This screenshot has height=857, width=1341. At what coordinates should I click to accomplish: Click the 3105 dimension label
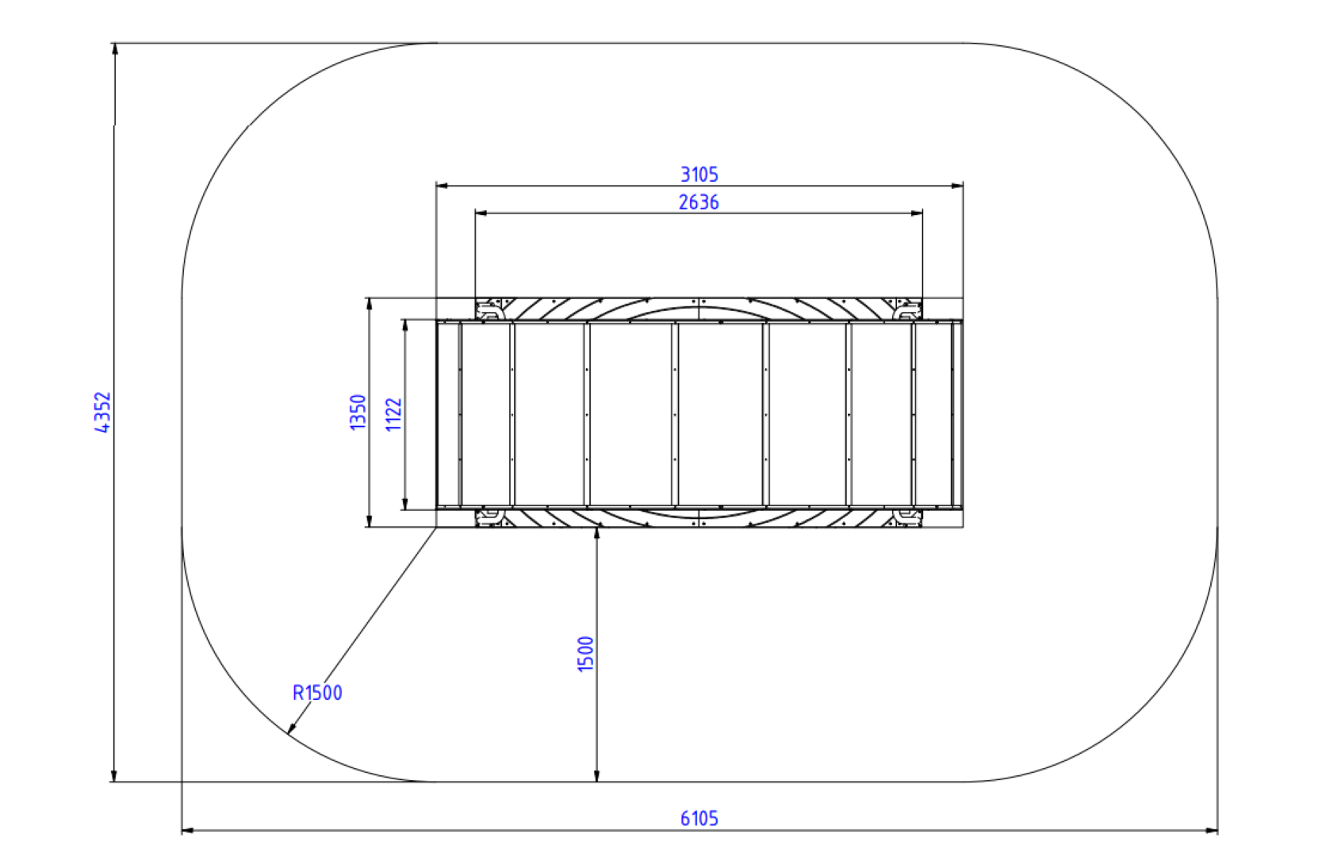pos(699,175)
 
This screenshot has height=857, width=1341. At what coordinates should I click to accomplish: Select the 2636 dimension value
pos(699,202)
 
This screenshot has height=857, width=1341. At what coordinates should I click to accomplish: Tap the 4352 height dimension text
pos(103,412)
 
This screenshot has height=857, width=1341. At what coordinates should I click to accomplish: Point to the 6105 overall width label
pos(699,818)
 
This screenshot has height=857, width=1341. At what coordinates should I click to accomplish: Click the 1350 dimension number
pos(358,412)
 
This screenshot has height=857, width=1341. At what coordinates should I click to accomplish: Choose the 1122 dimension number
pos(393,414)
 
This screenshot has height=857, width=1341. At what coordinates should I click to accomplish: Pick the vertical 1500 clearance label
pos(585,654)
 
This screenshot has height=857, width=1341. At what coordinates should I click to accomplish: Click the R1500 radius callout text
pos(317,693)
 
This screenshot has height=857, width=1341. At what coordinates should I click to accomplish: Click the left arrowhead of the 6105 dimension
pos(187,831)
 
